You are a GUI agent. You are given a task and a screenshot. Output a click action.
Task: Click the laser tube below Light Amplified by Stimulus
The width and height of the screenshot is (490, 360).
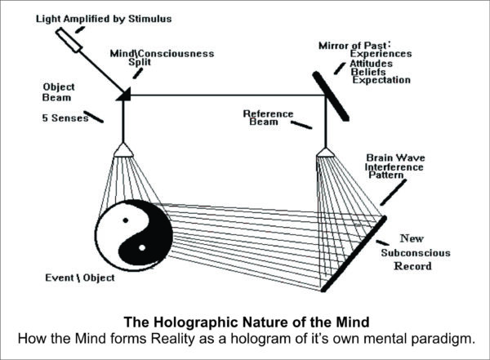point(69,40)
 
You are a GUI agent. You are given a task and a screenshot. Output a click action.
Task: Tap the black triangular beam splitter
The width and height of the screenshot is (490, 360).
point(125,95)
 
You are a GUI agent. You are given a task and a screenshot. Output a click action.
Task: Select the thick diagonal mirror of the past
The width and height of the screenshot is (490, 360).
point(331,96)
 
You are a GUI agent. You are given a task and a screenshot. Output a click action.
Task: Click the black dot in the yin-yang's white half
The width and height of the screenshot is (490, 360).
point(126,220)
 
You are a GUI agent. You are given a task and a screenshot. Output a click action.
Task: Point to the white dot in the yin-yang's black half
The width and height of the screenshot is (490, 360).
point(142,248)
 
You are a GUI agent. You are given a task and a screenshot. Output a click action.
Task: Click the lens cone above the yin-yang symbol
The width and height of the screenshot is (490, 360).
point(123,150)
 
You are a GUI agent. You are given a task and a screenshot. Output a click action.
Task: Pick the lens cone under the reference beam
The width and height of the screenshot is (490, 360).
point(326,153)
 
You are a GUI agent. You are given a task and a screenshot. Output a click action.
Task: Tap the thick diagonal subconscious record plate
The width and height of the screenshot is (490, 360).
point(354,254)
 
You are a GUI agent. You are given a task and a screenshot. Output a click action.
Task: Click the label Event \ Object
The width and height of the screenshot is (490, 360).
point(80,278)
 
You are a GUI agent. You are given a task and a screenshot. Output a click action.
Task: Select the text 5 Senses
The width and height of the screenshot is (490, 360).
point(65,118)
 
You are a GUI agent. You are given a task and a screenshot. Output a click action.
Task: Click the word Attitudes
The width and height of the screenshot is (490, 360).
point(372,64)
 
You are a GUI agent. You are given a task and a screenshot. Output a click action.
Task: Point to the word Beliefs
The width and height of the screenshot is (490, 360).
point(368,72)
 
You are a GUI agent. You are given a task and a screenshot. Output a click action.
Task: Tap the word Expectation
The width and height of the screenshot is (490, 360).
point(381,80)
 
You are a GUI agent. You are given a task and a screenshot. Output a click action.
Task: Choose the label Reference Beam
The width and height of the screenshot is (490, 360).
point(268,118)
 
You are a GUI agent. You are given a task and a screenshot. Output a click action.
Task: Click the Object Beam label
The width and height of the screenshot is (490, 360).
point(59,92)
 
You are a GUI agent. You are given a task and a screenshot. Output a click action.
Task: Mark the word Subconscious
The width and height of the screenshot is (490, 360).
point(416,253)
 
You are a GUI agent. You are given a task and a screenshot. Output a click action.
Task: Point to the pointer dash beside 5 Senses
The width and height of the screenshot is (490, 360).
point(93,117)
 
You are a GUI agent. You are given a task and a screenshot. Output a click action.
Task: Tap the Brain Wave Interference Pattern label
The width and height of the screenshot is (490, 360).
point(394,167)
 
